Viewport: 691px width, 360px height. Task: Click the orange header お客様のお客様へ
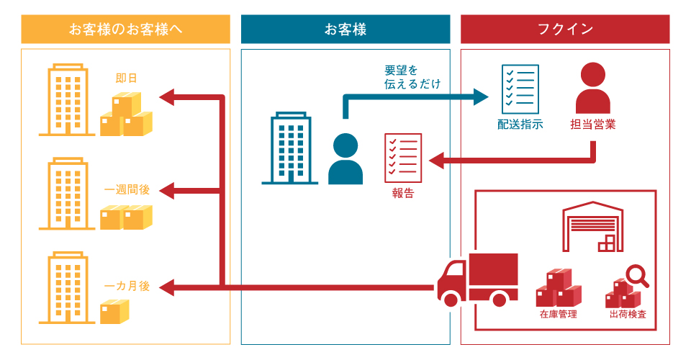pyautogui.click(x=125, y=30)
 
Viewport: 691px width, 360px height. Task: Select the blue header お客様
pyautogui.click(x=345, y=30)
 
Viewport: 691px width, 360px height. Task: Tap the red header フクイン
pyautogui.click(x=565, y=30)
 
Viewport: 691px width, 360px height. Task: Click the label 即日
pyautogui.click(x=126, y=78)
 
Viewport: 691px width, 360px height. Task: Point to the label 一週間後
pyautogui.click(x=127, y=190)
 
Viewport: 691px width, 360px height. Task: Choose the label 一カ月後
pyautogui.click(x=127, y=286)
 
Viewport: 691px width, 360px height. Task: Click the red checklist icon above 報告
pyautogui.click(x=403, y=158)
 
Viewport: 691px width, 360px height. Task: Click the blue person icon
pyautogui.click(x=345, y=159)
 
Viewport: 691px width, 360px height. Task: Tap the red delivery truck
pyautogui.click(x=478, y=279)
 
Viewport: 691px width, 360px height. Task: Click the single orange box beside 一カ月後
pyautogui.click(x=114, y=311)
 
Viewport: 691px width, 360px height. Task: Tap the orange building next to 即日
pyautogui.click(x=67, y=101)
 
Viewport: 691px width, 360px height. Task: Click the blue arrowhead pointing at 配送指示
pyautogui.click(x=482, y=96)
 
